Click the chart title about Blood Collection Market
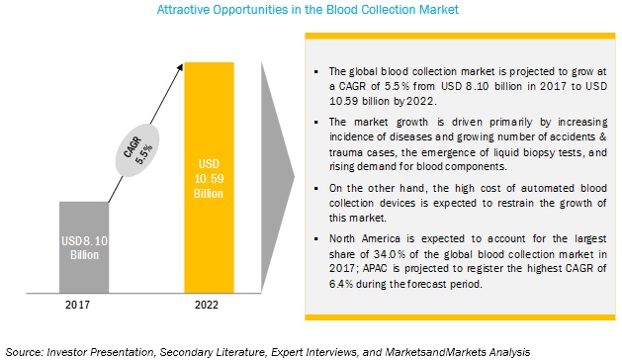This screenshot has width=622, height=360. (310, 10)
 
